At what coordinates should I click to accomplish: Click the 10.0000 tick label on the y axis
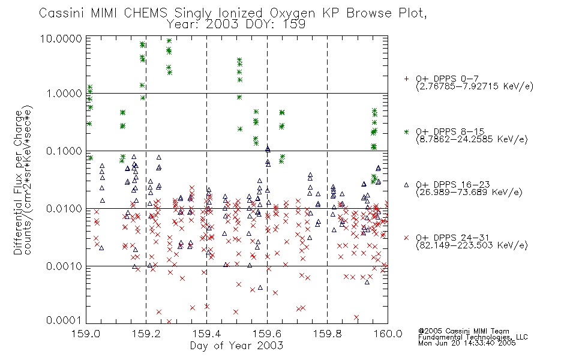pyautogui.click(x=61, y=38)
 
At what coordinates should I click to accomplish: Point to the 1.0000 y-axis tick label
pyautogui.click(x=64, y=94)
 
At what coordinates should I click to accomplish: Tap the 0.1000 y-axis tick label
pyautogui.click(x=64, y=151)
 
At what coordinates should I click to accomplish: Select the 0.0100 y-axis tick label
pyautogui.click(x=64, y=209)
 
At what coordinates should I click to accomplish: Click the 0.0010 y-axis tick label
pyautogui.click(x=64, y=266)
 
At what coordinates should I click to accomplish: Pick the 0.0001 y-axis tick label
pyautogui.click(x=64, y=320)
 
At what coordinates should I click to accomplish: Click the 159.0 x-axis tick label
pyautogui.click(x=86, y=334)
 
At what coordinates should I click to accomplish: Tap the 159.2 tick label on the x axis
pyautogui.click(x=146, y=334)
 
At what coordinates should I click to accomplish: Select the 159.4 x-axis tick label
pyautogui.click(x=206, y=334)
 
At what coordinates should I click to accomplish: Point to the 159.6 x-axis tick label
pyautogui.click(x=267, y=334)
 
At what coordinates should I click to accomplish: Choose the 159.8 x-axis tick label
pyautogui.click(x=327, y=334)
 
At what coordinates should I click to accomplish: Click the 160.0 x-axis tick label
pyautogui.click(x=388, y=334)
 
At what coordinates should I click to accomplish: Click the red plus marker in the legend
pyautogui.click(x=406, y=79)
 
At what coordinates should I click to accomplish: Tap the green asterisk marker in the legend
pyautogui.click(x=406, y=131)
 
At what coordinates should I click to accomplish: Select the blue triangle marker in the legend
pyautogui.click(x=406, y=185)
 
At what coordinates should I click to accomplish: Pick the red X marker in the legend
pyautogui.click(x=406, y=238)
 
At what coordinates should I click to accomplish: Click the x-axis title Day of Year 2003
pyautogui.click(x=236, y=346)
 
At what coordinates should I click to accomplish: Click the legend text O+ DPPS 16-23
pyautogui.click(x=453, y=184)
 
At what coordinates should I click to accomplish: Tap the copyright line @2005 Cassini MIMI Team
pyautogui.click(x=463, y=331)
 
